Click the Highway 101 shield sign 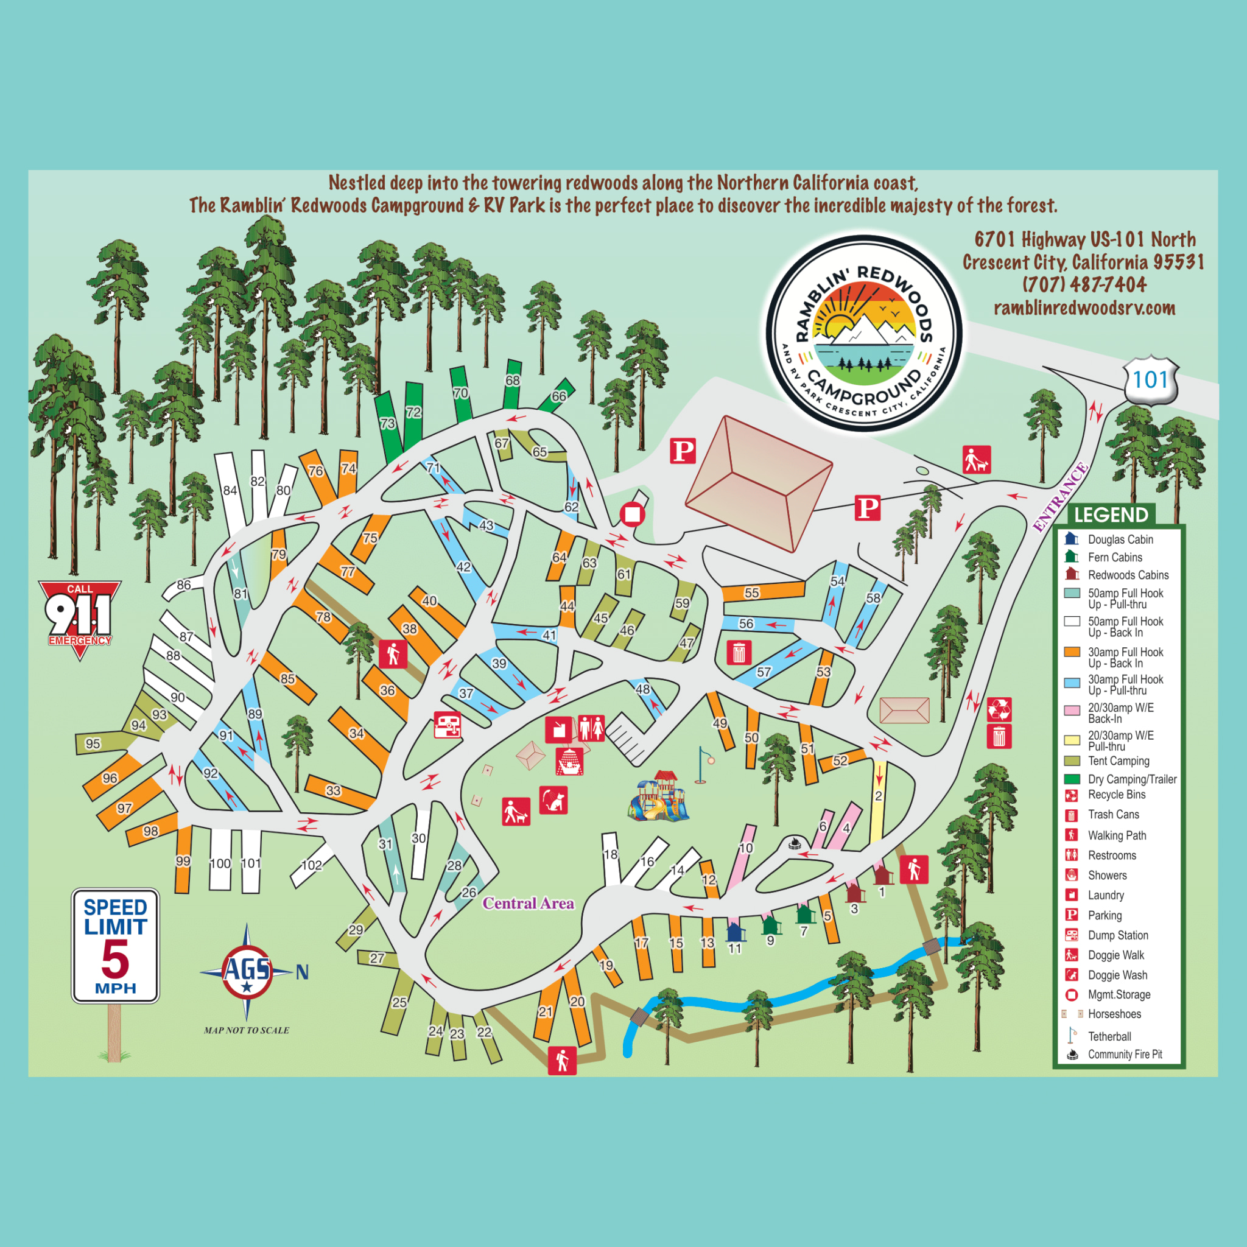[x=1150, y=380]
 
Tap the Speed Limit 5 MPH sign [x=115, y=946]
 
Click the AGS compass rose [x=247, y=971]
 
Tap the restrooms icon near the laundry [x=591, y=728]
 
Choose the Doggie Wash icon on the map [x=553, y=800]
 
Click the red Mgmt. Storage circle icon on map [x=633, y=515]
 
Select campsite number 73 [x=388, y=424]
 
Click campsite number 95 [x=93, y=743]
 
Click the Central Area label [x=528, y=903]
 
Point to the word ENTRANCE [x=1060, y=497]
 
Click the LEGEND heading [x=1111, y=515]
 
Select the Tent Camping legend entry [x=1118, y=761]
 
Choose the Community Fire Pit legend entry [x=1124, y=1054]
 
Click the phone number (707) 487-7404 [x=1084, y=284]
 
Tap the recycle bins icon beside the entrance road [x=999, y=709]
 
